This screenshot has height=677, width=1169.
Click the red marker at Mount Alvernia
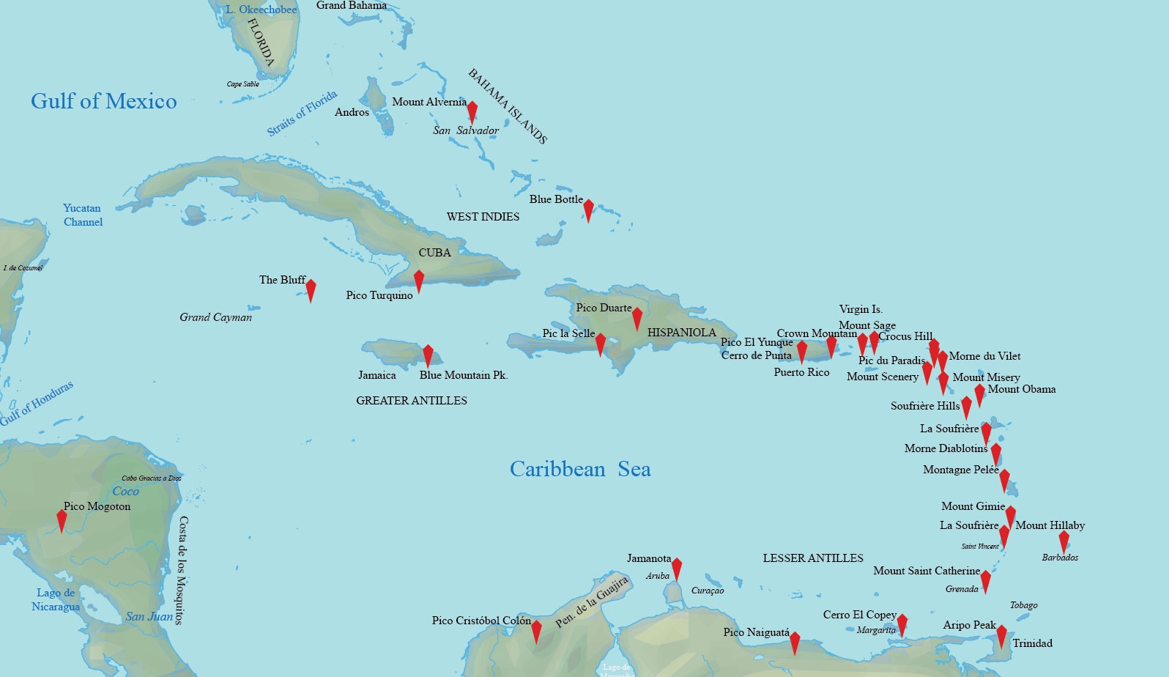(x=472, y=111)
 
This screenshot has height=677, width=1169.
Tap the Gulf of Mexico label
(x=104, y=101)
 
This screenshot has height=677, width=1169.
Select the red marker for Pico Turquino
(x=419, y=281)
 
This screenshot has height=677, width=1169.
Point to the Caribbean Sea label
(x=580, y=469)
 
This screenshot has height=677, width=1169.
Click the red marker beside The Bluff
(x=311, y=289)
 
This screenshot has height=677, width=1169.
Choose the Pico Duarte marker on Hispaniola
(x=637, y=318)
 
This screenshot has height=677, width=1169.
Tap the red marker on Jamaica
(x=428, y=355)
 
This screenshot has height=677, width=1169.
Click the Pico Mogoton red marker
(x=62, y=520)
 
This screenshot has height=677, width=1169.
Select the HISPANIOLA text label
(x=681, y=333)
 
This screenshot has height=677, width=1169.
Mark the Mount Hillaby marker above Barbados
(x=1064, y=541)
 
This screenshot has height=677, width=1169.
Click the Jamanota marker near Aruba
(x=677, y=569)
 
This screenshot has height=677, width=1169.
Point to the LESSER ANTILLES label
(x=813, y=558)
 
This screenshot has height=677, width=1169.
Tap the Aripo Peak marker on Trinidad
(x=1001, y=635)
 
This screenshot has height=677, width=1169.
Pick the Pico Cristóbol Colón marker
(x=536, y=631)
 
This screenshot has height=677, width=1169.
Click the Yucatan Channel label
(x=83, y=215)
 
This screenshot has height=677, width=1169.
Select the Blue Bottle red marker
(x=588, y=210)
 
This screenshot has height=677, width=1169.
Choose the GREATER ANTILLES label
(x=412, y=401)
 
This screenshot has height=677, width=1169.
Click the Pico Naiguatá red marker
(x=795, y=643)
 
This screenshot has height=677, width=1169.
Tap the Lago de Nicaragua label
(x=56, y=599)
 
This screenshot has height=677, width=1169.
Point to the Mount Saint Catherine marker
(x=986, y=581)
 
